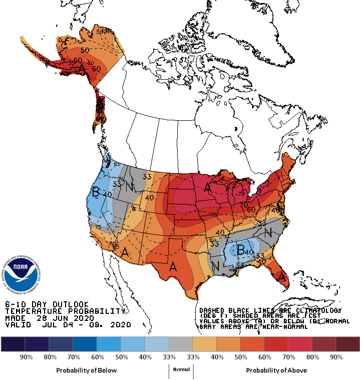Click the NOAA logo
tap(21, 275)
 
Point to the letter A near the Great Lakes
tap(207, 187)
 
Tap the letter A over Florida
tap(282, 276)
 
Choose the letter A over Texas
tap(174, 267)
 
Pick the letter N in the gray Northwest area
tap(129, 187)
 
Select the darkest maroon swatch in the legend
tap(347, 343)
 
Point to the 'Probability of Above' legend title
tap(276, 370)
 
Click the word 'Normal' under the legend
tap(181, 369)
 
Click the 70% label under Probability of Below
tap(73, 357)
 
